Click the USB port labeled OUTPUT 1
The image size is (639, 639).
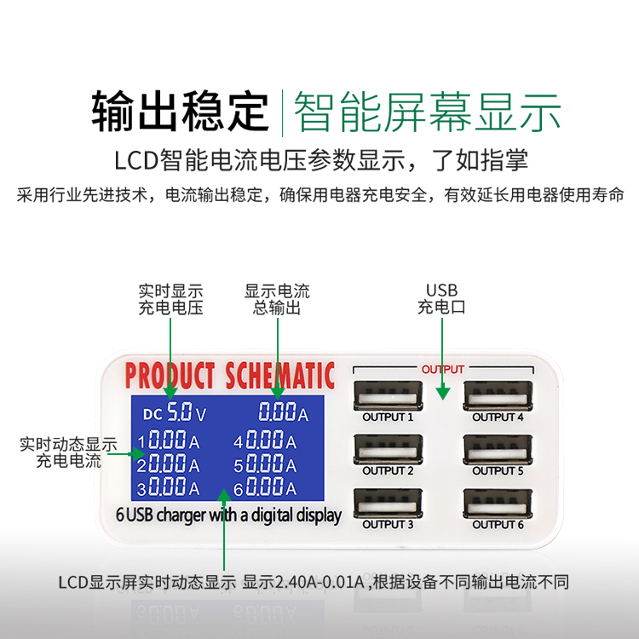pyautogui.click(x=388, y=396)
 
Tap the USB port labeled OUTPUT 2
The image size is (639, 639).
pyautogui.click(x=388, y=449)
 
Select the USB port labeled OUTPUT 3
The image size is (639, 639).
pyautogui.click(x=388, y=503)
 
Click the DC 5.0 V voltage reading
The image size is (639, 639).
pyautogui.click(x=176, y=414)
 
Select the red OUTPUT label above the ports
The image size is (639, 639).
pyautogui.click(x=443, y=370)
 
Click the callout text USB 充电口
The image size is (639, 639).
pyautogui.click(x=442, y=299)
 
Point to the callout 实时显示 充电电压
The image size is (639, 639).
pyautogui.click(x=170, y=299)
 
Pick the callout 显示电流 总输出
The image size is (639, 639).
pyautogui.click(x=277, y=299)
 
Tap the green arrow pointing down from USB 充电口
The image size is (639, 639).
pyautogui.click(x=442, y=358)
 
